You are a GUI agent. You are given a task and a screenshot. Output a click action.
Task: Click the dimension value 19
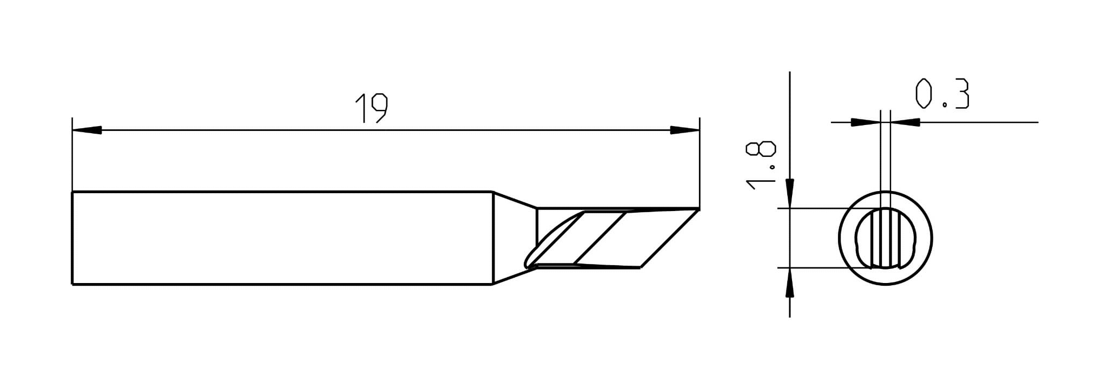(x=371, y=108)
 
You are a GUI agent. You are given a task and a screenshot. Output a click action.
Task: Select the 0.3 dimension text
(x=942, y=94)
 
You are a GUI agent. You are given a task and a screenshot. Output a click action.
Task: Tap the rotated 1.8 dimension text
(x=761, y=166)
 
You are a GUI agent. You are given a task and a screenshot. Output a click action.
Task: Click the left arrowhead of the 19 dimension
(x=87, y=130)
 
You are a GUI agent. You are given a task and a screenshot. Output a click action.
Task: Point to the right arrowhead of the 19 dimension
(x=684, y=130)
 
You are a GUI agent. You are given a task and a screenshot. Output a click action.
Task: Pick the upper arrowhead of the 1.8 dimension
(x=790, y=193)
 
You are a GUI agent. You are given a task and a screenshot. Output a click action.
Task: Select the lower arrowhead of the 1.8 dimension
(x=790, y=282)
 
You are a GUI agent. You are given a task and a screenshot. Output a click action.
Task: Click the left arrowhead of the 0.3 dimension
(x=866, y=122)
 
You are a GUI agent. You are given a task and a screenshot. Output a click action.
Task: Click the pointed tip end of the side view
(x=698, y=209)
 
